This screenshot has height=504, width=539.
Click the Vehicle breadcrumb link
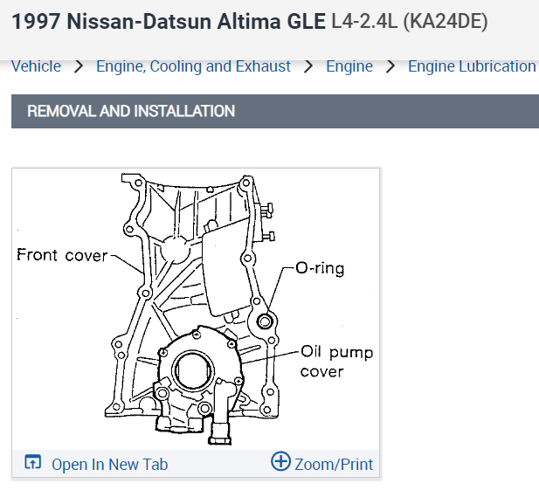coord(36,66)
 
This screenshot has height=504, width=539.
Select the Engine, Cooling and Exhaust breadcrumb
coord(193,66)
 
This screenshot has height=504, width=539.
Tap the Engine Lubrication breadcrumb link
coord(472,66)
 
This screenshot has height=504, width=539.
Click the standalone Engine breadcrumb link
coord(349,66)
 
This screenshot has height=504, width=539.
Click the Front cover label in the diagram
coord(62,255)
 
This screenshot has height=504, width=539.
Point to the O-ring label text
coord(320,268)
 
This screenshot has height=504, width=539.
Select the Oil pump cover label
coord(336,362)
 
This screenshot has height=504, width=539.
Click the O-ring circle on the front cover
coord(265,321)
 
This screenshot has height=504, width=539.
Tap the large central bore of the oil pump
coord(192,370)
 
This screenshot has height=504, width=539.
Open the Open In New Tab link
coord(110,465)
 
